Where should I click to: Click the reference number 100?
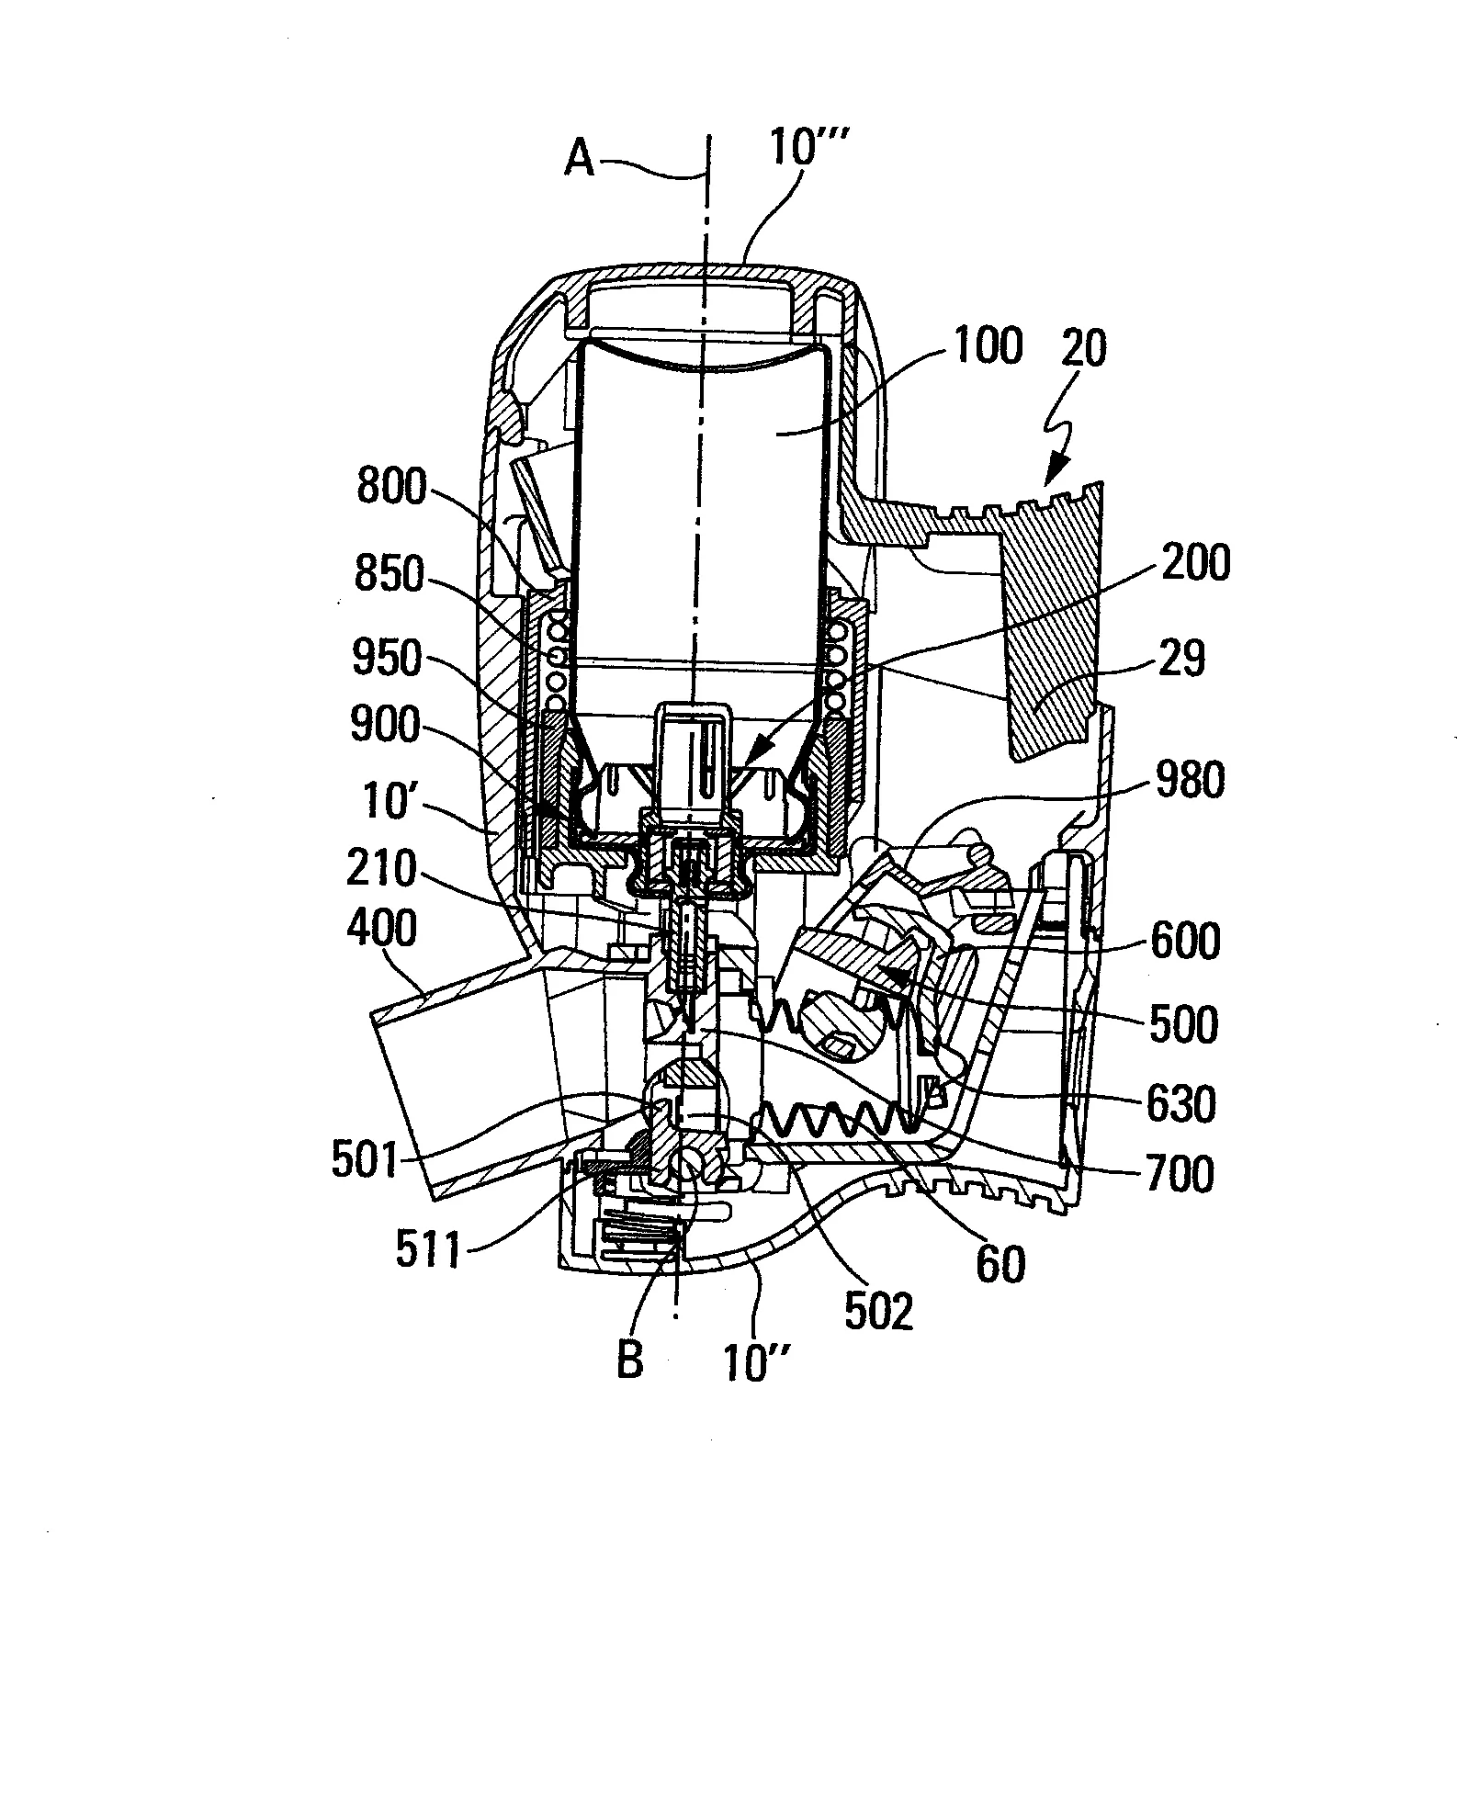[x=986, y=348]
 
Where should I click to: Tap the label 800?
[x=392, y=488]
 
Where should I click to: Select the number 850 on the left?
[x=392, y=577]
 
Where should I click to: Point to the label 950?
[x=386, y=660]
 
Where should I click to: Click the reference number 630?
[x=1181, y=1104]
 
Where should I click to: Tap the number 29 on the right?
[x=1182, y=659]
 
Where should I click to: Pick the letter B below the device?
[x=630, y=1359]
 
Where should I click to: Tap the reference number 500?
[x=1183, y=1023]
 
